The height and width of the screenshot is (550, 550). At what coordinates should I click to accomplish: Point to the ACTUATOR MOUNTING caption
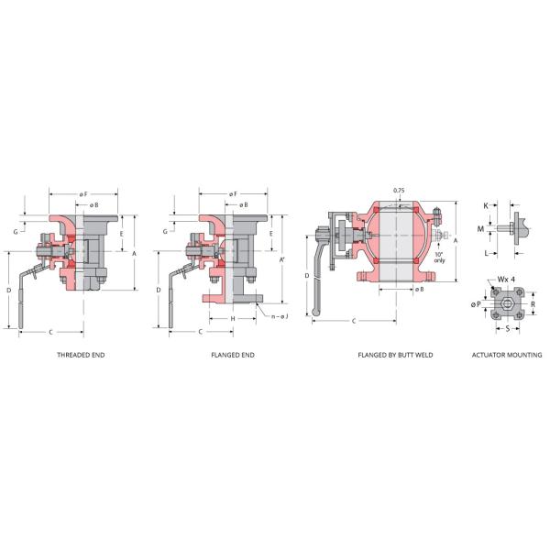(506, 354)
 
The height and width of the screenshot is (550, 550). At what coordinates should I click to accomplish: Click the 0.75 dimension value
(399, 191)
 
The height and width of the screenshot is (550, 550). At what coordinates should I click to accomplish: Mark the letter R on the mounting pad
(533, 303)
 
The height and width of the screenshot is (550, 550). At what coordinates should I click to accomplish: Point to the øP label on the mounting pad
(478, 303)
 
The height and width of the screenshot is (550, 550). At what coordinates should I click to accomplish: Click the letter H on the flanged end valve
(234, 318)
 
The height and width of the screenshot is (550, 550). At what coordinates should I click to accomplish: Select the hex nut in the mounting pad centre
(507, 302)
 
